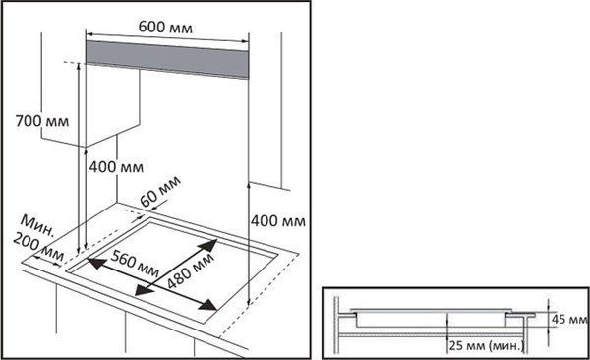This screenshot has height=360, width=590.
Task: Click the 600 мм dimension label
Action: (x=165, y=28)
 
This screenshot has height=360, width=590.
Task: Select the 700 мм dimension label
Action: (x=42, y=121)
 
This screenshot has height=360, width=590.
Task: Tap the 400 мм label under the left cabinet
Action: (x=116, y=167)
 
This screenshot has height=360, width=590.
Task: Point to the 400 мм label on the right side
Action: (x=278, y=221)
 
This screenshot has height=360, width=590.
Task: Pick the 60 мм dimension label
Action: (x=160, y=191)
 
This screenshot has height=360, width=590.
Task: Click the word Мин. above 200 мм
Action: (x=37, y=225)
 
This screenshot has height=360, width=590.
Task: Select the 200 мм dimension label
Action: (x=38, y=247)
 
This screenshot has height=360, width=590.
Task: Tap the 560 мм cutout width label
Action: (x=135, y=263)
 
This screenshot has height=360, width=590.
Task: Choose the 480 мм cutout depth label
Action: (x=191, y=270)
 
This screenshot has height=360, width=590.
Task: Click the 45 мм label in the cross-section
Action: (x=569, y=320)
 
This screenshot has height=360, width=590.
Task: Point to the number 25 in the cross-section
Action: (x=456, y=345)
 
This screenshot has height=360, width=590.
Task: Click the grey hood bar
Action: (x=167, y=59)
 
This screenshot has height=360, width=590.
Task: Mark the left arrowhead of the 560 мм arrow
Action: (x=96, y=263)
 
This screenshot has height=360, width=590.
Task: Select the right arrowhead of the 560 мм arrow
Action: (x=207, y=305)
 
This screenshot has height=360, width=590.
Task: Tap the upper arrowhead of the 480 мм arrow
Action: (x=208, y=245)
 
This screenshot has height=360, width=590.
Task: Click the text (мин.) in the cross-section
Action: (x=506, y=345)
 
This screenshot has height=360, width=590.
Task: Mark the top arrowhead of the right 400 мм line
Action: (x=249, y=185)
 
